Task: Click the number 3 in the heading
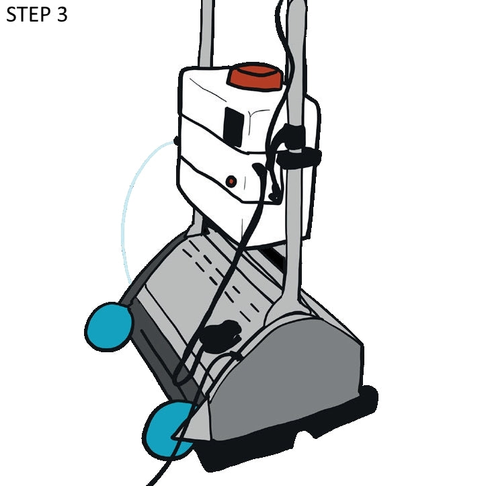[62, 15]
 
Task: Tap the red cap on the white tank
[256, 77]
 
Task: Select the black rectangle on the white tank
[234, 126]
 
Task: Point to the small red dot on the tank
[231, 181]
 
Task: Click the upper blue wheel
[108, 327]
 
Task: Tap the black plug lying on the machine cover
[220, 336]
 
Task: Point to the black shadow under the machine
[288, 434]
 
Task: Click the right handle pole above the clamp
[296, 62]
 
